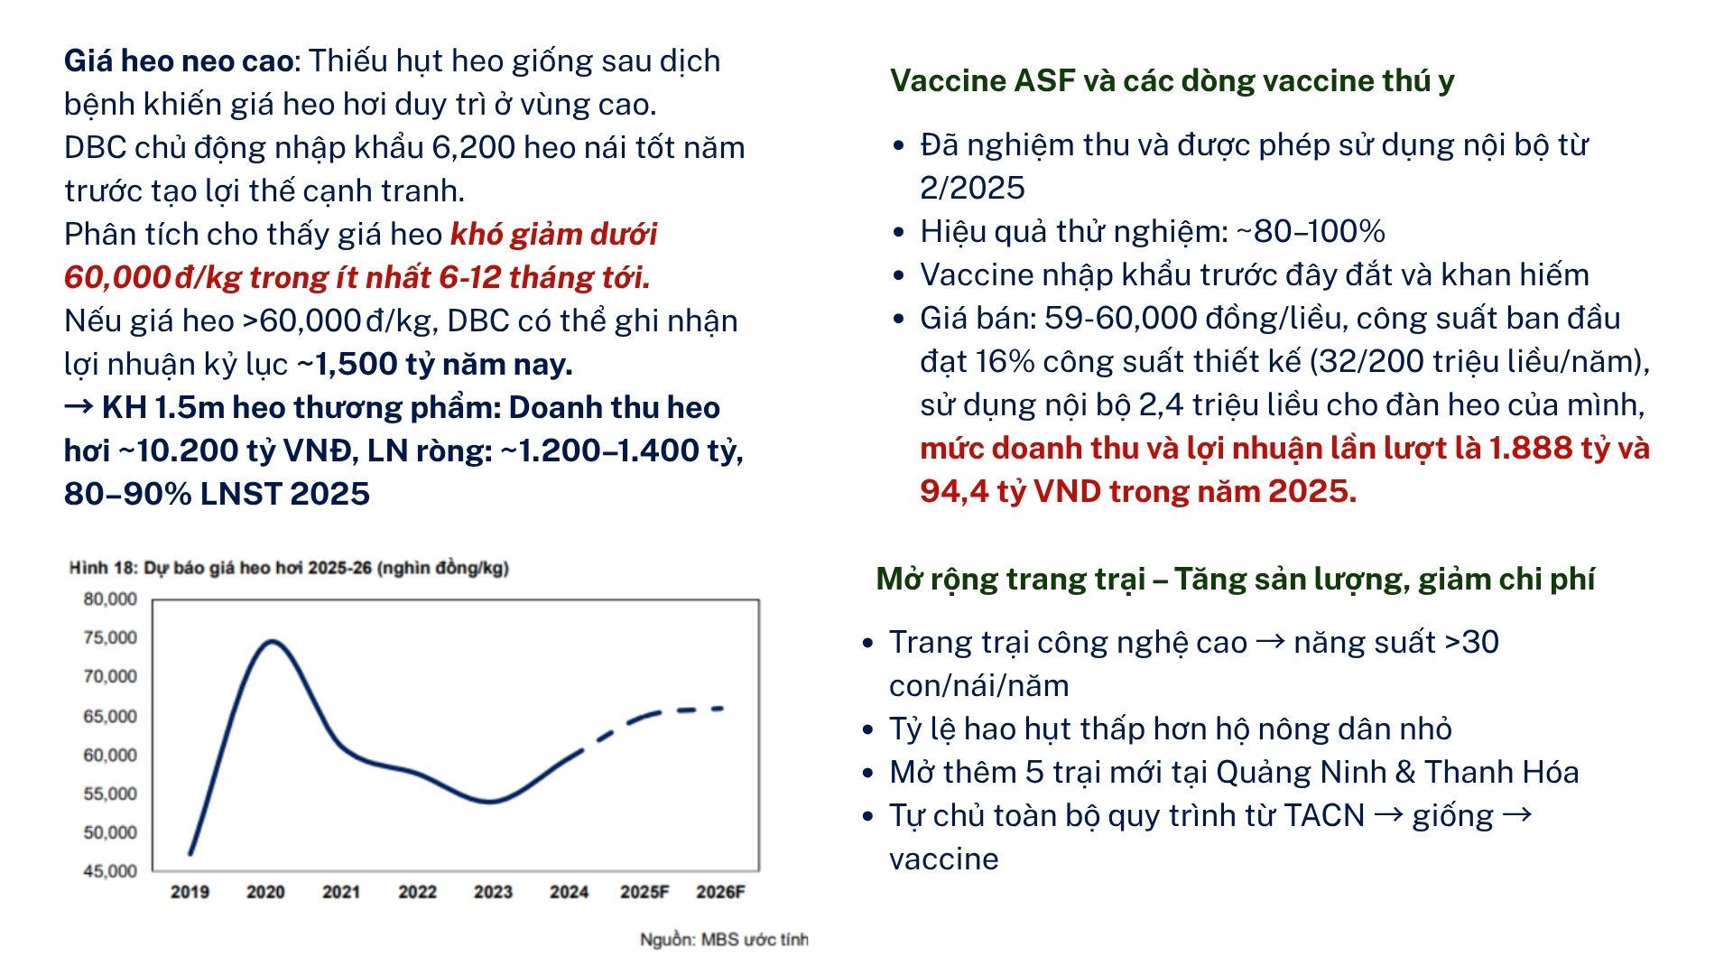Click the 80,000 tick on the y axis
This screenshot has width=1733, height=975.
tap(110, 599)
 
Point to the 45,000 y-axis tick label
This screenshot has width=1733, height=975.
tap(110, 871)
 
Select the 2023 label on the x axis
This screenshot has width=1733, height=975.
tap(493, 892)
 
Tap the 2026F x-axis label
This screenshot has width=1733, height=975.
tap(720, 892)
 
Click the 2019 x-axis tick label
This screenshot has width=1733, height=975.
tap(190, 892)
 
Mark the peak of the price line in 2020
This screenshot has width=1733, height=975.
tap(272, 642)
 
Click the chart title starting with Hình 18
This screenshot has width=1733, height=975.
tap(289, 568)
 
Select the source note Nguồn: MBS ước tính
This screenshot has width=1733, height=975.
tap(724, 940)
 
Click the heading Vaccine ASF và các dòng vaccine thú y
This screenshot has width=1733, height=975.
tap(1172, 81)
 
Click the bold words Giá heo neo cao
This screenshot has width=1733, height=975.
tap(179, 61)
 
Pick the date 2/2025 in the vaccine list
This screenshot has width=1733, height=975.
tap(972, 188)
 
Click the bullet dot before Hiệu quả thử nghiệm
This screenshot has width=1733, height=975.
tap(898, 233)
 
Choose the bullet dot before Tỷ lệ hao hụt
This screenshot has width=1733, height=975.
tap(867, 729)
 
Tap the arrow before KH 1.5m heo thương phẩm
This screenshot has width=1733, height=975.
tap(79, 407)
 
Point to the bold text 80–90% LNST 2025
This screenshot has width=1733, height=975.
tap(217, 494)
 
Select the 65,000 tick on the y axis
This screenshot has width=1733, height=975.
tap(110, 717)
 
